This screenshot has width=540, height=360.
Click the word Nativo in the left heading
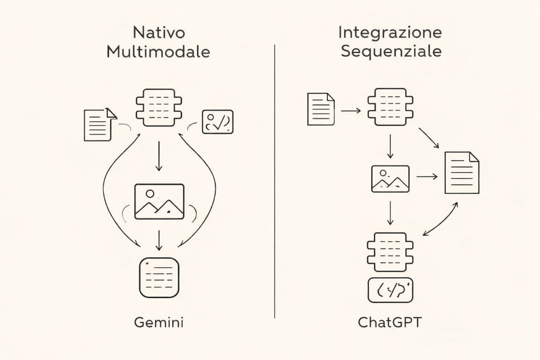click(x=159, y=34)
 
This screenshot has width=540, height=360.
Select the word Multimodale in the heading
click(x=159, y=52)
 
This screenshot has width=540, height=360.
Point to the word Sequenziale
click(x=390, y=51)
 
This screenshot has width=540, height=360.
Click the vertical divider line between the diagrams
click(x=274, y=182)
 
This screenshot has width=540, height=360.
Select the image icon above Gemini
click(x=159, y=201)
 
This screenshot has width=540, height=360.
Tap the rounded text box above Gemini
click(x=159, y=277)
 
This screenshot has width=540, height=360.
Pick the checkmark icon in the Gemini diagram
click(x=217, y=121)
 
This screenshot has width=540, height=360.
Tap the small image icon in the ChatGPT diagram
click(x=390, y=178)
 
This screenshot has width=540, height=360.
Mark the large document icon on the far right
click(x=461, y=172)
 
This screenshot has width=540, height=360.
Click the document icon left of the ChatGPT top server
click(x=321, y=109)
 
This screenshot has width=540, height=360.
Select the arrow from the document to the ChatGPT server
click(x=351, y=111)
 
